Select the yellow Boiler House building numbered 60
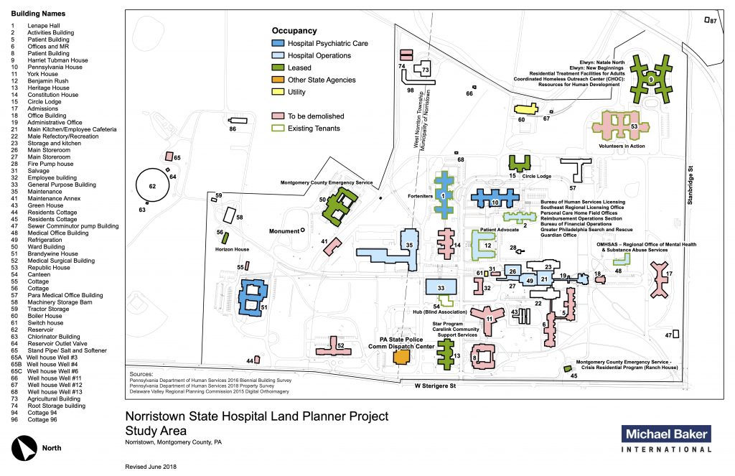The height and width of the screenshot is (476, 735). coord(525,110)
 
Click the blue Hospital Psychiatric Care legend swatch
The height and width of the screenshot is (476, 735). coord(278,44)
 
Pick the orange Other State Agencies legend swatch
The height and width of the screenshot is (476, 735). coord(278,80)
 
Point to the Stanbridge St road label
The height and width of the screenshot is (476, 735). coord(690,188)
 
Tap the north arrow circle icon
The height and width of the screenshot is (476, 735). coord(27,448)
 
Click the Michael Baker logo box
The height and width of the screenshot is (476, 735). coord(665,433)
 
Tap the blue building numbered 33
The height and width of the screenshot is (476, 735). coord(441,287)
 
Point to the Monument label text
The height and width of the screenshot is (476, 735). coord(284,231)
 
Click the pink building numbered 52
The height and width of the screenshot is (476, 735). coord(332,347)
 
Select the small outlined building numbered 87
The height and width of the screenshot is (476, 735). coord(706,21)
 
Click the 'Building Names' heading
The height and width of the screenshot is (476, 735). coord(39,14)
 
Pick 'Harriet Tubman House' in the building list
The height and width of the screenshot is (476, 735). coord(58,60)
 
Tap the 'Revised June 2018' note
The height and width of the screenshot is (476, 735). coord(151,466)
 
